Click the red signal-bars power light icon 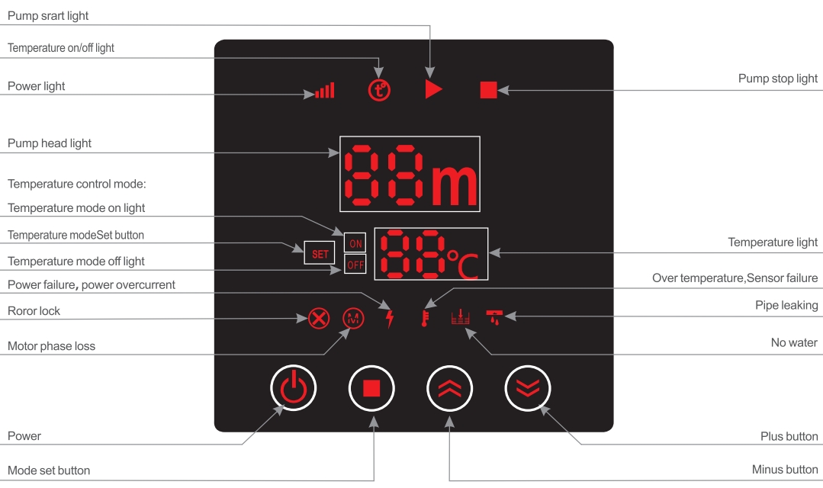point(326,91)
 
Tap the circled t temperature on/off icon point(379,90)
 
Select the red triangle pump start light point(433,90)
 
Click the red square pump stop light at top point(488,90)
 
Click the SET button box point(320,253)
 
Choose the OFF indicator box point(355,265)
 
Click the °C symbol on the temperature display point(466,264)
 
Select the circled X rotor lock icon point(318,317)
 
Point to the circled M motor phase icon point(352,317)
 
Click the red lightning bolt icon point(391,318)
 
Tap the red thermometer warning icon point(424,317)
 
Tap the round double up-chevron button point(449,389)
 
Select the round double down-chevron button point(528,389)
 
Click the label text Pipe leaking point(786,306)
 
